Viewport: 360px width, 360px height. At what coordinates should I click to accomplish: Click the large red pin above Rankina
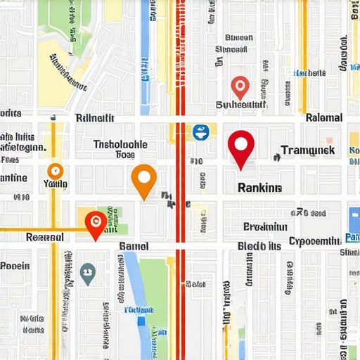(240, 146)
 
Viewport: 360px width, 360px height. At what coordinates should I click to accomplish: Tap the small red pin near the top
(240, 87)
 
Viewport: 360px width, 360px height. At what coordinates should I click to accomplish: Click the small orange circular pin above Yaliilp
(55, 170)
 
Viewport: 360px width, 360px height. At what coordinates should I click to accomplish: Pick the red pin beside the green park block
(95, 224)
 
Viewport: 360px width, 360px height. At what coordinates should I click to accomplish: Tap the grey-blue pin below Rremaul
(88, 273)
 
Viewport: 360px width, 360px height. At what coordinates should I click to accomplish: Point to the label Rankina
(259, 188)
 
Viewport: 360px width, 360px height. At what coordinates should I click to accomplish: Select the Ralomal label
(324, 117)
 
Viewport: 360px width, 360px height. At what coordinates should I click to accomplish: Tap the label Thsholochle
(120, 144)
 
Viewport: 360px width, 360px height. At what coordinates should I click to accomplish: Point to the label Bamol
(134, 245)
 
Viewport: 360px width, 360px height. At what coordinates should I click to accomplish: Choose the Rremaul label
(44, 237)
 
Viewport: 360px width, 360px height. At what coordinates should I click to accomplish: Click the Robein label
(15, 266)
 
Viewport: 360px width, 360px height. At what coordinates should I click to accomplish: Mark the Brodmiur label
(265, 226)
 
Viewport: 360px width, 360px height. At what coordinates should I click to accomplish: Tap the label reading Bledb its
(259, 246)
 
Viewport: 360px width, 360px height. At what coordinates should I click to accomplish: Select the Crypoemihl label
(314, 240)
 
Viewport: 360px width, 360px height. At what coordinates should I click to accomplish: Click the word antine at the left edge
(13, 178)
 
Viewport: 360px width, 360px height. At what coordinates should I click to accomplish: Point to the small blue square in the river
(141, 321)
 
